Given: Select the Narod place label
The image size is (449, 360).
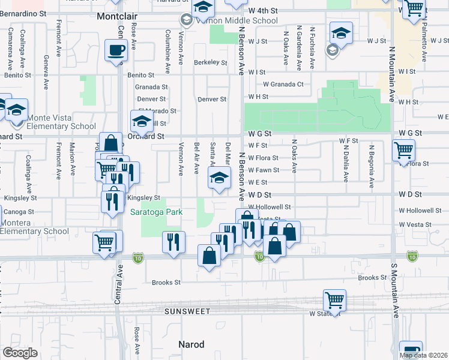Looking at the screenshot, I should tap(191, 344).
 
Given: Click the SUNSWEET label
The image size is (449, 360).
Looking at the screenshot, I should tap(188, 311).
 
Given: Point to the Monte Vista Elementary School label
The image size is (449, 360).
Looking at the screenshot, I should tap(53, 126).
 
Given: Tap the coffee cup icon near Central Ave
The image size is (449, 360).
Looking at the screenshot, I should tap(116, 50).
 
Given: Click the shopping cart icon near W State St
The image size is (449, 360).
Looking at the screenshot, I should tap(334, 299).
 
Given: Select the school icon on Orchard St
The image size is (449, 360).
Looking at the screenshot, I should tap(142, 121).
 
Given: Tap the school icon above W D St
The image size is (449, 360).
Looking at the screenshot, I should tap(219, 177).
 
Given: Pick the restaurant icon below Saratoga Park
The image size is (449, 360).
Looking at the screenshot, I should tap(173, 242).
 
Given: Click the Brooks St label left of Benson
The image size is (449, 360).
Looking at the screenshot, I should tap(166, 282).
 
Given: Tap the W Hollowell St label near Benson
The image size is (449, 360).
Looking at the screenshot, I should tap(269, 207).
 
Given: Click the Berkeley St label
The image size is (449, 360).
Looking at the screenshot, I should tap(210, 62).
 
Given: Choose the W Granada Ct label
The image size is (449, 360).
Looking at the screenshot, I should tap(283, 85).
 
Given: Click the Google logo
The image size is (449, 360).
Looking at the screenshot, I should tap(20, 353).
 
